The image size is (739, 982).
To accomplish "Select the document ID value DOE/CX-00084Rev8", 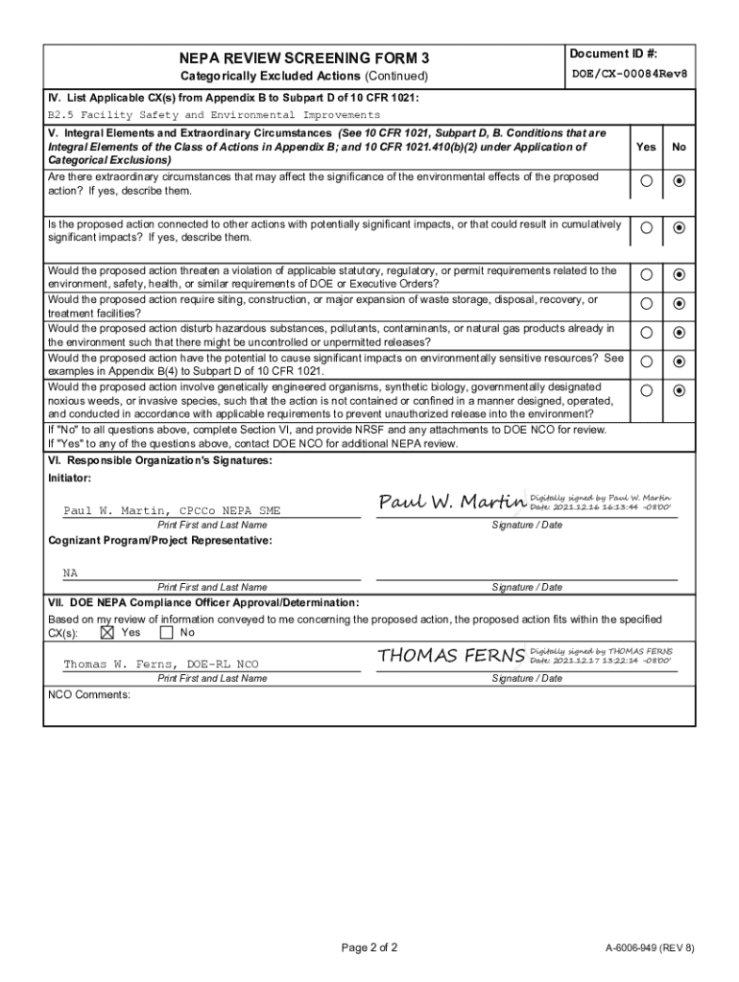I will pos(630,74).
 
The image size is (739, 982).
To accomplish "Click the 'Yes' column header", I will pos(646,147).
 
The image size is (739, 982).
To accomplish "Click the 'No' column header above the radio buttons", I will pos(679,147).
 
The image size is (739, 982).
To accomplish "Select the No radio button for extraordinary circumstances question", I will pos(679,181).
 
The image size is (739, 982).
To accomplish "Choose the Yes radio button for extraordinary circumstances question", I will pos(647,181).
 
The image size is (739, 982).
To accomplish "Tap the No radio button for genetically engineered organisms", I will pos(679,390).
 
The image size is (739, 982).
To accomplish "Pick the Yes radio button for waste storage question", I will pos(647,304).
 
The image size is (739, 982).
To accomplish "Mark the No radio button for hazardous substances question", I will pos(679,333).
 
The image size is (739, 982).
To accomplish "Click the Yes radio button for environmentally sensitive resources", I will pos(647,362).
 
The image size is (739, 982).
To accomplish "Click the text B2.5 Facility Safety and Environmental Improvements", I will pos(214,114).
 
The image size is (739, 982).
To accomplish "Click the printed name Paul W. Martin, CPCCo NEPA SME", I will pos(172,511).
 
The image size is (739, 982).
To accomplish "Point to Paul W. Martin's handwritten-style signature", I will pos(452,503).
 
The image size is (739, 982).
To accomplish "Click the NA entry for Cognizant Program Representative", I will pos(71,573).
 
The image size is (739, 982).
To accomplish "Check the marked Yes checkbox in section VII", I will pos(107,633).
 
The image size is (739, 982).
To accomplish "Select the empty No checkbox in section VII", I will pos(166,633).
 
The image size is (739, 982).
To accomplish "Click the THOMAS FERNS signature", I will pos(451,656).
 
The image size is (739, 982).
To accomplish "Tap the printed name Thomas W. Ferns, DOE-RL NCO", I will pos(160,665).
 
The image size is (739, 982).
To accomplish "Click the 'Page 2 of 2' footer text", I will pos(369,948).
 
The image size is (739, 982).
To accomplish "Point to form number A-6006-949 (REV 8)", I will pos(649,948).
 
